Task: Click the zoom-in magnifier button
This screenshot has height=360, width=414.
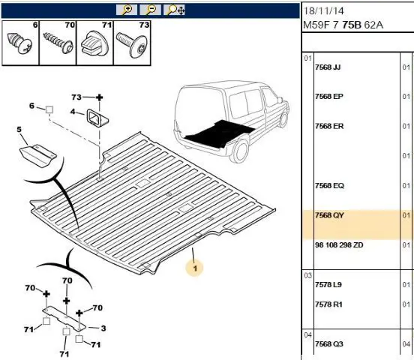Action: (x=127, y=10)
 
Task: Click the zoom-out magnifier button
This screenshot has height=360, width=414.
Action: (x=151, y=10)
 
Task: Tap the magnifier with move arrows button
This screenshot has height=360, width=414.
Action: (x=174, y=10)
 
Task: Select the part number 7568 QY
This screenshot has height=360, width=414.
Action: (x=329, y=215)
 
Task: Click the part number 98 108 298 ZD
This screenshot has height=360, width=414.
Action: (x=339, y=244)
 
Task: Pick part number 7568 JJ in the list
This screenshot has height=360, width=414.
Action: (x=328, y=67)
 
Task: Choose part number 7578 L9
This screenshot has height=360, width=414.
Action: (x=328, y=285)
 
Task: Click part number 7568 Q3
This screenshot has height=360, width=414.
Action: (x=329, y=344)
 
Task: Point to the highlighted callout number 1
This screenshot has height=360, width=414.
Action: (x=195, y=268)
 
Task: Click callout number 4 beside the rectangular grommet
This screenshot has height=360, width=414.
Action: (x=73, y=112)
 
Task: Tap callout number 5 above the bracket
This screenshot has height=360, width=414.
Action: (x=19, y=130)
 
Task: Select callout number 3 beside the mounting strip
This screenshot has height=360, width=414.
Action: (x=103, y=328)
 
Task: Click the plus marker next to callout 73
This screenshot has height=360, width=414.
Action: (x=99, y=97)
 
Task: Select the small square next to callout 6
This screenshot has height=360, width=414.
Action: (x=49, y=109)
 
